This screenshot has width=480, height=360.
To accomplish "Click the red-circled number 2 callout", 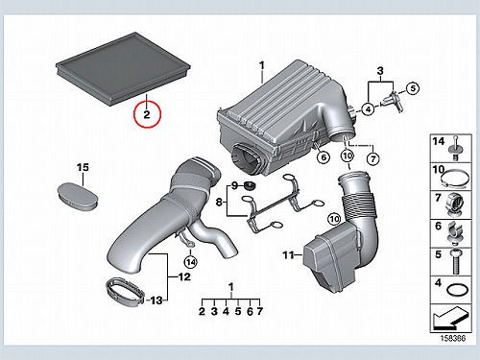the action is [x=147, y=114].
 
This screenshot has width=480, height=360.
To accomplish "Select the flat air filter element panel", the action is [x=123, y=69].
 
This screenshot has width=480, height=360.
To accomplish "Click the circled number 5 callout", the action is [x=413, y=88].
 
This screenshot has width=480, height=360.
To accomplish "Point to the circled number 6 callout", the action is [x=324, y=157].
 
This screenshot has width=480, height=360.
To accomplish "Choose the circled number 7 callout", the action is [x=372, y=158].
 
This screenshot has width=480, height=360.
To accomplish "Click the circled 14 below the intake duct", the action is [x=191, y=262].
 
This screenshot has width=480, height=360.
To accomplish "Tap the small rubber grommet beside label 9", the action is [x=249, y=185].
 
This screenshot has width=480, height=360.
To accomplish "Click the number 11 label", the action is [x=288, y=255].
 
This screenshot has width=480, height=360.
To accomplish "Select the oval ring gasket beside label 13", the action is [x=125, y=293].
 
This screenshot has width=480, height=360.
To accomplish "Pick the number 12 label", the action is [x=184, y=276].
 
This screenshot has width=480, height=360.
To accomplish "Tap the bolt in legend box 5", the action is [x=456, y=262].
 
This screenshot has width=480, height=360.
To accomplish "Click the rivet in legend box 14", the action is [x=456, y=148].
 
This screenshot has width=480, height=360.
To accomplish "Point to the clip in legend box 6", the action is [x=456, y=232].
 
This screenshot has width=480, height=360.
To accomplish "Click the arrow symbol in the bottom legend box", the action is [x=451, y=319].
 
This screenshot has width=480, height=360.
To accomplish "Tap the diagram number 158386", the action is [x=453, y=338].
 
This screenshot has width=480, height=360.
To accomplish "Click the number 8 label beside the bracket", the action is [x=219, y=203].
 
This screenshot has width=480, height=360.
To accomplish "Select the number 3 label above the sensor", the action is [x=380, y=71].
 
